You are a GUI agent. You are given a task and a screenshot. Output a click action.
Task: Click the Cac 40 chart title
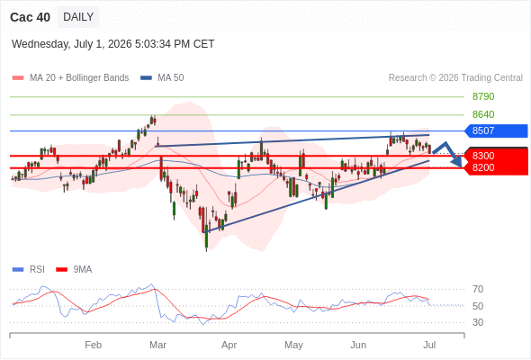(30, 17)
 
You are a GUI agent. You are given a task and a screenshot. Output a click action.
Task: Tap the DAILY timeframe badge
(78, 17)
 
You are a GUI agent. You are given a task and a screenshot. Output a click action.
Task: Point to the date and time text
(112, 44)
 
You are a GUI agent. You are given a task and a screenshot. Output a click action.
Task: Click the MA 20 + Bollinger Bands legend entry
(70, 78)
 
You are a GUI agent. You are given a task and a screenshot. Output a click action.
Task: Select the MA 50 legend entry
(162, 78)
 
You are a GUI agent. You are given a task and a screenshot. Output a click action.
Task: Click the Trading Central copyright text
(455, 78)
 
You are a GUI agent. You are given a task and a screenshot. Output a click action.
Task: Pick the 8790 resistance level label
(483, 96)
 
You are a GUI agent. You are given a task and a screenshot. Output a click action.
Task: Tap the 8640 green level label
(483, 114)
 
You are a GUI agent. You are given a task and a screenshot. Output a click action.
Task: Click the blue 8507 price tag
(496, 130)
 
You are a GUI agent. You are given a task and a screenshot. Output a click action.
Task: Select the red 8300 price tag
(496, 156)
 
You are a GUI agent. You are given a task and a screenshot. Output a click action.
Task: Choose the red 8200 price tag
(496, 168)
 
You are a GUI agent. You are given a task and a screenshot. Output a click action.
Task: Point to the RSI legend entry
(29, 270)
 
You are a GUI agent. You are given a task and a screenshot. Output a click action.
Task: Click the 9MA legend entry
(74, 270)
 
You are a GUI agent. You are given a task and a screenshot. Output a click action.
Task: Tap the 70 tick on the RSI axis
(478, 289)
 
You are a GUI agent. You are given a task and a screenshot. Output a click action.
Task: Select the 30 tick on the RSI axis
(478, 322)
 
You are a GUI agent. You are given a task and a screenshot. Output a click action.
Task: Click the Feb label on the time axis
(93, 345)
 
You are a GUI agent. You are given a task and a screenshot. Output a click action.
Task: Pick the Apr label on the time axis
(229, 345)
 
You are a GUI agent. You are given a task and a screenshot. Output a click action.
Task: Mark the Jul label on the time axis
(429, 345)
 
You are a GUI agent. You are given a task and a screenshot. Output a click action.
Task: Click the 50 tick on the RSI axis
(478, 306)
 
